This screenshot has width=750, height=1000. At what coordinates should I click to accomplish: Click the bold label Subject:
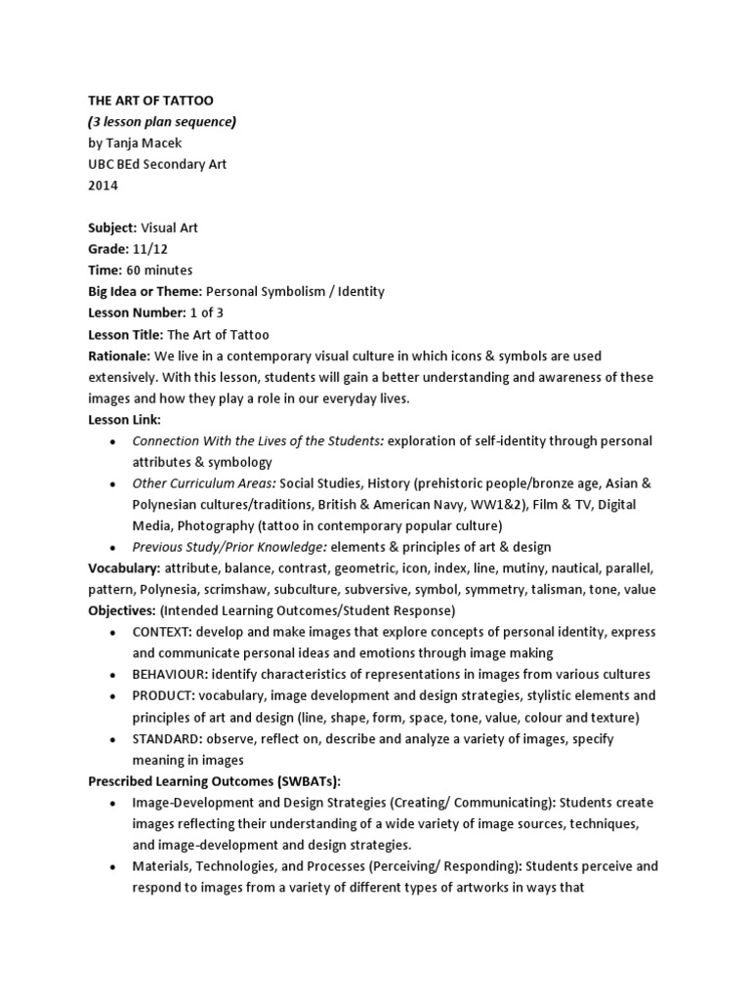(x=112, y=228)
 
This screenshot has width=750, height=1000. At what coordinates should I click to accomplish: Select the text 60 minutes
(x=159, y=270)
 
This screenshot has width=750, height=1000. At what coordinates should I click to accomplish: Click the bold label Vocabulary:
(x=123, y=568)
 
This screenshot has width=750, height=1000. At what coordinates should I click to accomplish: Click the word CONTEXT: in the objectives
(x=164, y=632)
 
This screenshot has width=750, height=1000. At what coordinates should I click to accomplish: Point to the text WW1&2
(x=512, y=504)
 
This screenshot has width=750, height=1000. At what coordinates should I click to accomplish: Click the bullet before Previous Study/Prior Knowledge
(x=114, y=547)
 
